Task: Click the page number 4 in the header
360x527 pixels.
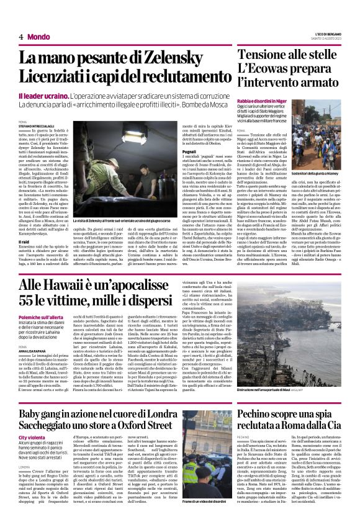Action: (x=20, y=37)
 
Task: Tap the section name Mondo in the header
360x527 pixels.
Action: (x=38, y=37)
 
